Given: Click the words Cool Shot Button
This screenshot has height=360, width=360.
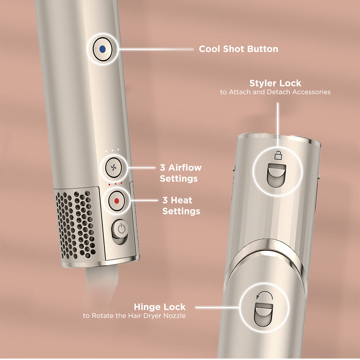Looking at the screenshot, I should coord(238,49).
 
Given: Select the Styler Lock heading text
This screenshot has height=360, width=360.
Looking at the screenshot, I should coord(275,83).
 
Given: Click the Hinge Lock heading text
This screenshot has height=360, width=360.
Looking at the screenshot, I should coord(159,307).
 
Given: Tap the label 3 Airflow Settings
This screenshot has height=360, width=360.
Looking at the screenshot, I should coord(180,173).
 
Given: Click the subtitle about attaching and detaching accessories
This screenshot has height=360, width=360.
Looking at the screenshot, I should coord(275,92).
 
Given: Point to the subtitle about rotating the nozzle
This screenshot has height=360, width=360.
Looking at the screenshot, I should coord(134,316).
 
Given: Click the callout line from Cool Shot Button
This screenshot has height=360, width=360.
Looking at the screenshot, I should coord(155,49).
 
